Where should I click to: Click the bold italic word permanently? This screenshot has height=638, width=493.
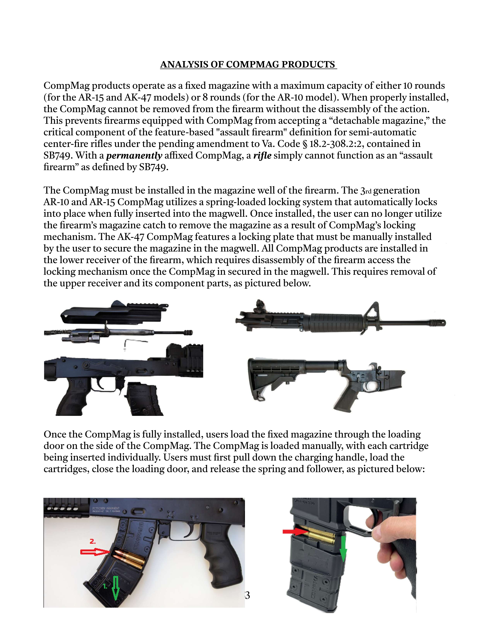[x=134, y=155]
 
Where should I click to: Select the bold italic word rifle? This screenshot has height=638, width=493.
[x=262, y=155]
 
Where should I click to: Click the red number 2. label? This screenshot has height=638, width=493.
[x=93, y=541]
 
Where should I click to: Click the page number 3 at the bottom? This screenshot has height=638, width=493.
[x=248, y=595]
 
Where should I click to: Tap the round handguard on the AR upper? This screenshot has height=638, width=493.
[x=333, y=323]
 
